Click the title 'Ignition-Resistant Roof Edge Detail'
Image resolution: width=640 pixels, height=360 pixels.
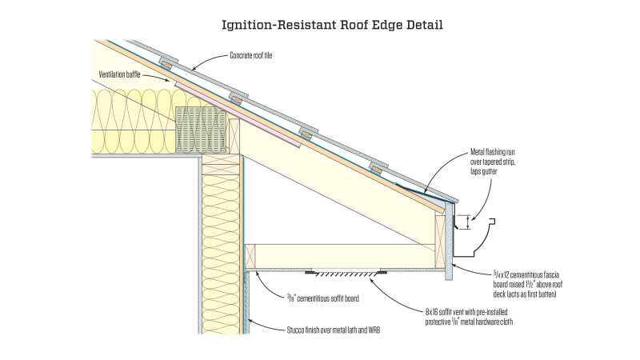[x=332, y=25]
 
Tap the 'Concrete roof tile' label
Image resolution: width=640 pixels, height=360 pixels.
[x=250, y=55]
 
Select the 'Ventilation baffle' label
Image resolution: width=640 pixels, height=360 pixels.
[x=119, y=74]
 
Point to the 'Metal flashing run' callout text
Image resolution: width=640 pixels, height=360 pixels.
[x=493, y=152]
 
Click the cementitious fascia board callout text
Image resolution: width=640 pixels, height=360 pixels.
[x=527, y=285]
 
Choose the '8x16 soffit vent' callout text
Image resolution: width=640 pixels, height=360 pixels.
[x=469, y=317]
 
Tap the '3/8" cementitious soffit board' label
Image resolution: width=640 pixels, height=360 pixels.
[x=323, y=298]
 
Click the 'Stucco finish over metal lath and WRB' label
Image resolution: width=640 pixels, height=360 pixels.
[x=333, y=330]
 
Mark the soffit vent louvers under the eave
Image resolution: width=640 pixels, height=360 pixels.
[x=346, y=273]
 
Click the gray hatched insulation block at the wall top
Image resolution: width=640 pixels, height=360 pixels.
[x=201, y=130]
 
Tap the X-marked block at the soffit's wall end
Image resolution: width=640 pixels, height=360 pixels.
[x=250, y=256]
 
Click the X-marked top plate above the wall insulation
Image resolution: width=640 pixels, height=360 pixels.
[x=221, y=165]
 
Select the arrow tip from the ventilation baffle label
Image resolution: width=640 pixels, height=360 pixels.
[x=169, y=81]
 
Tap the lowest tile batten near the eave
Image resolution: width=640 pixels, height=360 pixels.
[x=376, y=169]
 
